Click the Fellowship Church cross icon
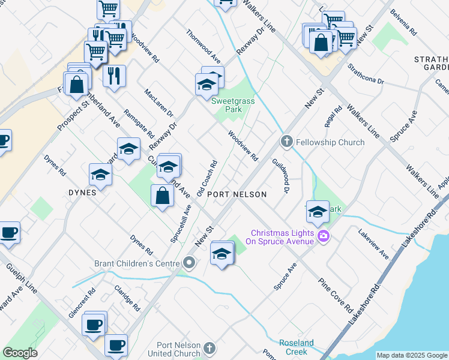point(286,142)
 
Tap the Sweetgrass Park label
point(233,106)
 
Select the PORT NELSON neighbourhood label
point(236,195)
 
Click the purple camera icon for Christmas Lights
point(324,236)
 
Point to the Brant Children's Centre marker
point(190,263)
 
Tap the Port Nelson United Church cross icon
point(209,349)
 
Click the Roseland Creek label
point(297,347)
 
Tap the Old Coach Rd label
point(206,174)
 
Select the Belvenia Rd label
point(403,22)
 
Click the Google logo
point(20,353)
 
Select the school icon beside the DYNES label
point(100,175)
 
